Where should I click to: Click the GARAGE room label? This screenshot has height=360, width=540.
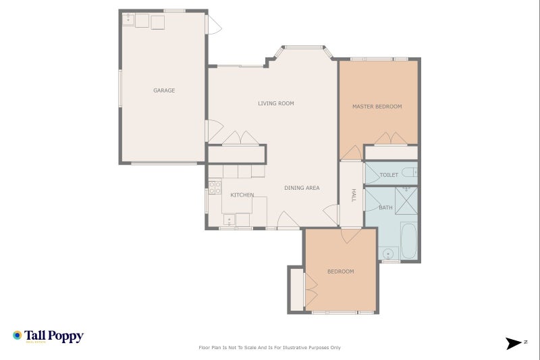click(164, 91)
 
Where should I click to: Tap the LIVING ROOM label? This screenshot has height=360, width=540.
click(276, 103)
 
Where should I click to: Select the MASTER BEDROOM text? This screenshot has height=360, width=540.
click(377, 107)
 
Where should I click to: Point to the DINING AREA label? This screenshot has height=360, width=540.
click(302, 188)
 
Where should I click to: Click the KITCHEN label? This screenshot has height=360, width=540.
click(242, 195)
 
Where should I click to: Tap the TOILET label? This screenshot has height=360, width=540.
click(389, 175)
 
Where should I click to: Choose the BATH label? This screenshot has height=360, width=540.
click(385, 207)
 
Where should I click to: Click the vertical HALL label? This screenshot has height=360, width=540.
click(352, 195)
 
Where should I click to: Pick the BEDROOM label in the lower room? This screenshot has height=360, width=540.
click(341, 272)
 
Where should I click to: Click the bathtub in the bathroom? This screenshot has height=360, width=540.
click(409, 241)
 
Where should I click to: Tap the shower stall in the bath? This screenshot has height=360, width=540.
click(406, 199)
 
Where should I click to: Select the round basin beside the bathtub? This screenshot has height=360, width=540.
click(389, 254)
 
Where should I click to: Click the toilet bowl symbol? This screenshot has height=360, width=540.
click(409, 173)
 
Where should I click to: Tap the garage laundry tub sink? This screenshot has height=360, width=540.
click(128, 21)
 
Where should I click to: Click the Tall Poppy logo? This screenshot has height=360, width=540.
click(48, 336)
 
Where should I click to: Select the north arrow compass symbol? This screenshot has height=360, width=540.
click(515, 343)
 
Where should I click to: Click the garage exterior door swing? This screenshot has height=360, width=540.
click(213, 26)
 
